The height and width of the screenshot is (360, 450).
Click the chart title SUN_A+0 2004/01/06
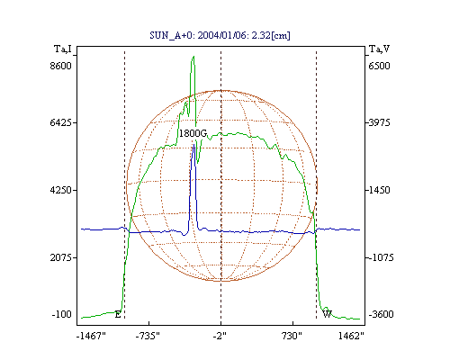pyautogui.click(x=220, y=35)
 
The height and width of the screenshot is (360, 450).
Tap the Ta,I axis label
pyautogui.click(x=63, y=49)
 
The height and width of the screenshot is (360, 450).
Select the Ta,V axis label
pyautogui.click(x=379, y=49)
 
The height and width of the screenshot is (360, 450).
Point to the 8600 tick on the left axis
pyautogui.click(x=61, y=66)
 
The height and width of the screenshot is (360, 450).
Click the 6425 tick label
pyautogui.click(x=61, y=122)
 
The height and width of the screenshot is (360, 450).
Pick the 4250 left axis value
pyautogui.click(x=61, y=190)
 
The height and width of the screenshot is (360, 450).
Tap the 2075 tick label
pyautogui.click(x=61, y=257)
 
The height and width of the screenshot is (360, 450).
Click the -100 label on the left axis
pyautogui.click(x=62, y=314)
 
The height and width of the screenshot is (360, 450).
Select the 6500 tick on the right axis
pyautogui.click(x=379, y=66)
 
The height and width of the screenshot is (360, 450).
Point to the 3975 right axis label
pyautogui.click(x=379, y=122)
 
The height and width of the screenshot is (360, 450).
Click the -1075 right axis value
pyautogui.click(x=381, y=257)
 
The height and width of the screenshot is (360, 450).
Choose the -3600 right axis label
pyautogui.click(x=381, y=314)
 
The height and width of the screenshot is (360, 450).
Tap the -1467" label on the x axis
pyautogui.click(x=91, y=336)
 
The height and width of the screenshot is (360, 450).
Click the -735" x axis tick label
pyautogui.click(x=148, y=336)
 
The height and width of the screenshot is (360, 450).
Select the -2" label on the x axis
pyautogui.click(x=220, y=336)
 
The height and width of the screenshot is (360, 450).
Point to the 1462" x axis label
pyautogui.click(x=351, y=336)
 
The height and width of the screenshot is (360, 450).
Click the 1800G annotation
pyautogui.click(x=193, y=133)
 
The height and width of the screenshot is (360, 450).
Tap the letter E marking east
pyautogui.click(x=118, y=315)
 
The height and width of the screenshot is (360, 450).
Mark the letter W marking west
pyautogui.click(x=328, y=314)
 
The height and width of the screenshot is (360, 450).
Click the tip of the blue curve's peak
pyautogui.click(x=194, y=145)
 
